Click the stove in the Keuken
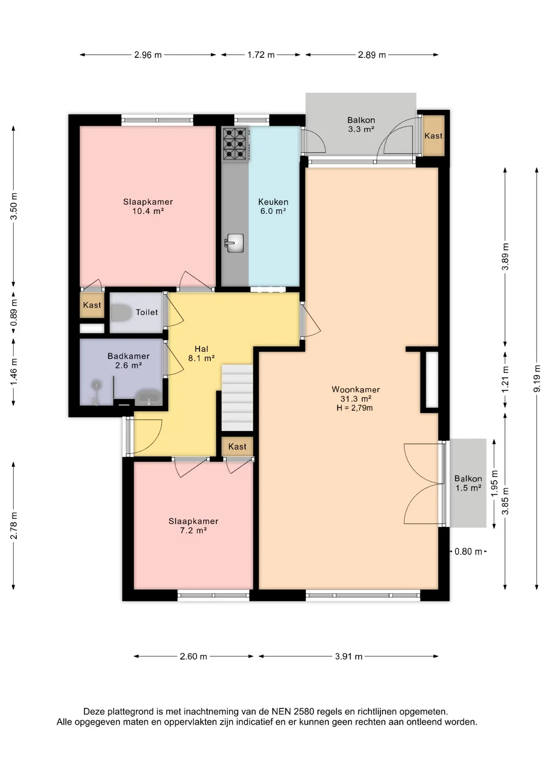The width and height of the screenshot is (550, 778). [x=235, y=144]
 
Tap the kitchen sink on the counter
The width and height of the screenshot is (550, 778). [x=234, y=243]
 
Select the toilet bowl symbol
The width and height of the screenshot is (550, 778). [x=121, y=313]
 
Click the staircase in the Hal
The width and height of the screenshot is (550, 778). [x=237, y=398]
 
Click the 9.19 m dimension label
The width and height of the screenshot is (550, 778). [x=537, y=378]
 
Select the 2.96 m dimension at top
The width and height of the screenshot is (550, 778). [x=148, y=55]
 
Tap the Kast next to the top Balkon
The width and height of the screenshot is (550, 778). [x=433, y=136]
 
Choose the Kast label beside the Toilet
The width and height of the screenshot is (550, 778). [x=92, y=305]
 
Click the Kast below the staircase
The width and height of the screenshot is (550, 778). [x=237, y=447]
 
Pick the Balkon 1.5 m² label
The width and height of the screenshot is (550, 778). [x=468, y=483]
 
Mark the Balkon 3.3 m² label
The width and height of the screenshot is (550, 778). [x=361, y=125]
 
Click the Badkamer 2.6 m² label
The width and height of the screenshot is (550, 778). [x=128, y=361]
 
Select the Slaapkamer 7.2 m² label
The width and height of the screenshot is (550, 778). [x=193, y=526]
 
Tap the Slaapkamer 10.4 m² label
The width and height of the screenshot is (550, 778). [x=148, y=206]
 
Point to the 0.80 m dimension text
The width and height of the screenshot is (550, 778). [x=468, y=551]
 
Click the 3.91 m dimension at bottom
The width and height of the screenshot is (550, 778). [x=348, y=656]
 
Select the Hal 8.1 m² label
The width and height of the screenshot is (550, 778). [x=201, y=353]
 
